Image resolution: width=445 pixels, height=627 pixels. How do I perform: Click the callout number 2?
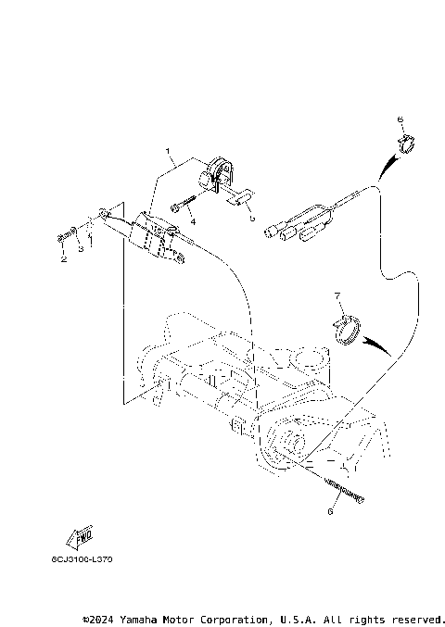[x=64, y=260]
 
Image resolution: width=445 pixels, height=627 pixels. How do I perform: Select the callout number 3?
[x=80, y=249]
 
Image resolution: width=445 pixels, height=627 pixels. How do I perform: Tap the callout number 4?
[x=193, y=222]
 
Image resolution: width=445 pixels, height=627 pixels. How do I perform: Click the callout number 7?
[x=338, y=295]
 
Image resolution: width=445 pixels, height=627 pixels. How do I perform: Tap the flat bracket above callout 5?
[x=240, y=197]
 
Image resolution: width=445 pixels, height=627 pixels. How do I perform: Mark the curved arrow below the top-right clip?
[x=388, y=167]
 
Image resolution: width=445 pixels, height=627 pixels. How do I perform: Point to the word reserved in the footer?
[x=417, y=618]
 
